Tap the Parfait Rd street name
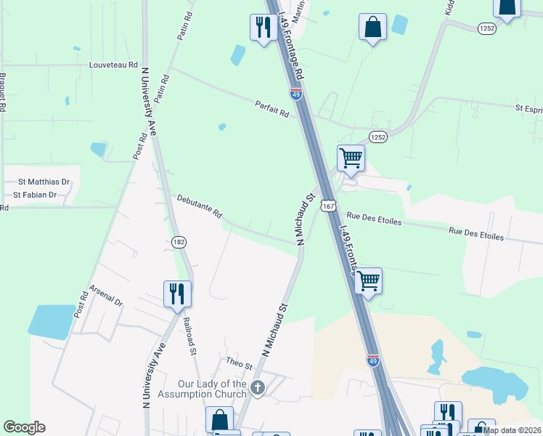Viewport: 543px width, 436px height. click(272, 108)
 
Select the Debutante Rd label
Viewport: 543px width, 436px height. click(199, 206)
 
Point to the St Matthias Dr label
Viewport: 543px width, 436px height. click(44, 182)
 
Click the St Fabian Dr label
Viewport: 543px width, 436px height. click(36, 195)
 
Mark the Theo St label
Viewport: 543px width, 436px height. click(238, 361)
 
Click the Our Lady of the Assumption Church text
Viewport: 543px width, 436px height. click(213, 389)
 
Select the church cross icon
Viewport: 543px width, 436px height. click(256, 388)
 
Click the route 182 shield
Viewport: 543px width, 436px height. click(179, 241)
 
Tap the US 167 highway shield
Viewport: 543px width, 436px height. click(330, 206)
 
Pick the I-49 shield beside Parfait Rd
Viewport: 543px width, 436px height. click(295, 94)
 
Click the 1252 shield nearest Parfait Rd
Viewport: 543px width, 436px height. click(377, 137)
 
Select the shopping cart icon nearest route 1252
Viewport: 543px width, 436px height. click(351, 158)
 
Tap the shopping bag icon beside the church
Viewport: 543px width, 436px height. click(219, 420)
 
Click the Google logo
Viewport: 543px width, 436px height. click(25, 427)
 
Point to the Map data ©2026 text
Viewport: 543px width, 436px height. click(513, 430)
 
